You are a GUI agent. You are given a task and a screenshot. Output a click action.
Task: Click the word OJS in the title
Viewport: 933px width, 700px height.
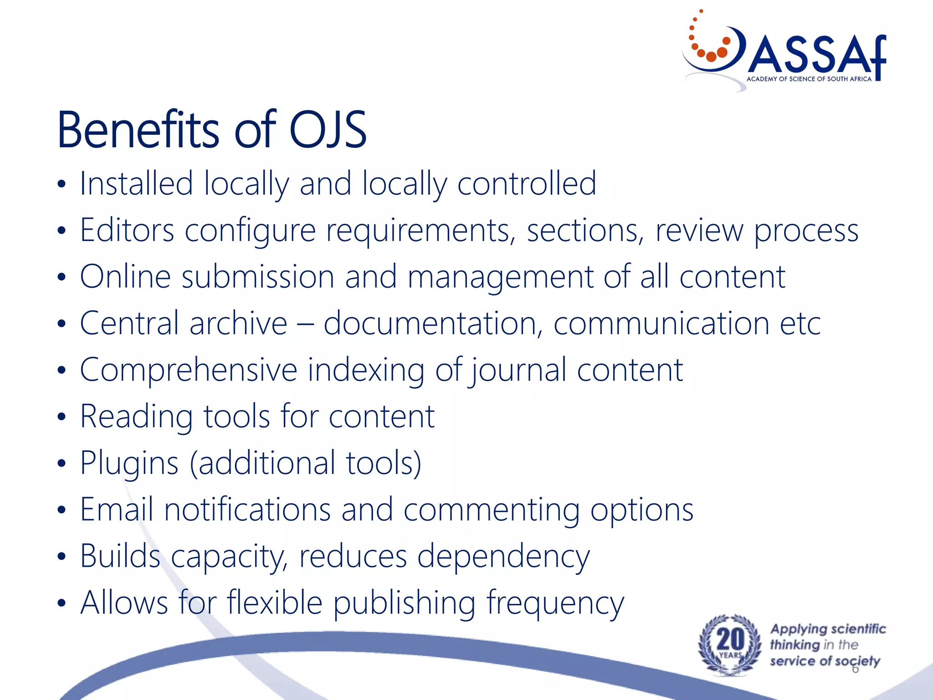click(x=328, y=130)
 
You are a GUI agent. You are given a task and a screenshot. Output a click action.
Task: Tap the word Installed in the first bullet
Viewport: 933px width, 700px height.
click(x=137, y=183)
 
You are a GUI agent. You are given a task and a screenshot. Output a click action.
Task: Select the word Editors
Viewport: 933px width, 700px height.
click(x=127, y=230)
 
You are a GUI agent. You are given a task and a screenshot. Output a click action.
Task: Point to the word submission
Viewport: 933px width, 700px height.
click(x=258, y=277)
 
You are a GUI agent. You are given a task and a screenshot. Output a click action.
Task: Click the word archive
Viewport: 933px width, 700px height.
click(x=238, y=323)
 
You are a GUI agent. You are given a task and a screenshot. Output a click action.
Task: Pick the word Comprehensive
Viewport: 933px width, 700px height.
click(x=189, y=370)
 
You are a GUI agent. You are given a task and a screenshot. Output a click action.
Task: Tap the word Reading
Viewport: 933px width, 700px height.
click(x=136, y=417)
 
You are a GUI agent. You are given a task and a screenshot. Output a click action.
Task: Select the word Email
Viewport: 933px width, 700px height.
click(x=117, y=509)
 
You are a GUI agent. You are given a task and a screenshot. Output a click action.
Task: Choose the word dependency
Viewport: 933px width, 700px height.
click(x=503, y=557)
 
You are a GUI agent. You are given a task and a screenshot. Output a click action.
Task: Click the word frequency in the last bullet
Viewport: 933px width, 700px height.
click(x=555, y=603)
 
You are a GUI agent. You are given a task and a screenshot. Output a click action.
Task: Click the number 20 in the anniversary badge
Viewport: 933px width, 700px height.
click(x=730, y=639)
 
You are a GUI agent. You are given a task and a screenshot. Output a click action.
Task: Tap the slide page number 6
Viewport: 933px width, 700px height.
click(x=855, y=669)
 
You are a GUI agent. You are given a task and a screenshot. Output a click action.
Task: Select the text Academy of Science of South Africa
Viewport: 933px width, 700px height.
click(x=809, y=79)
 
